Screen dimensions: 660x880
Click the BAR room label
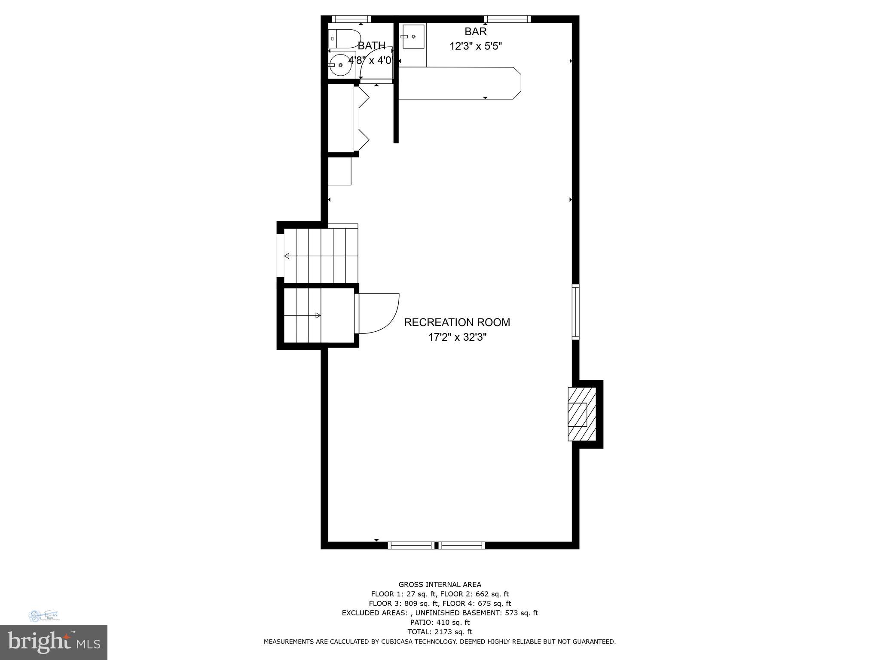pyautogui.click(x=476, y=31)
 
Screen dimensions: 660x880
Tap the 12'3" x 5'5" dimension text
pyautogui.click(x=476, y=46)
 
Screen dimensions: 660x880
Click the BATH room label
pyautogui.click(x=372, y=46)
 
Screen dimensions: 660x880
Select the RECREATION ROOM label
pyautogui.click(x=457, y=322)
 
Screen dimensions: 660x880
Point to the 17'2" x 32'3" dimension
pyautogui.click(x=457, y=337)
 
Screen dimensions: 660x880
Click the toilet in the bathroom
pyautogui.click(x=344, y=38)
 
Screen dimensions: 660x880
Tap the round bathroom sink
pyautogui.click(x=340, y=65)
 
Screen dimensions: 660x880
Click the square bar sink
pyautogui.click(x=413, y=37)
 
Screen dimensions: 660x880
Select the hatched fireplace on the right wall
pyautogui.click(x=582, y=414)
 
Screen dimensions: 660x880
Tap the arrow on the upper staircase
pyautogui.click(x=287, y=256)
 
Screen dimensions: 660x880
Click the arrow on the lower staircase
pyautogui.click(x=318, y=315)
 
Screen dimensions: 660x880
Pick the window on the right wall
pyautogui.click(x=575, y=312)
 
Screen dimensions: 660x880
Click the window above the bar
pyautogui.click(x=507, y=19)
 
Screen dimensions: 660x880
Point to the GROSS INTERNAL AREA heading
pyautogui.click(x=440, y=584)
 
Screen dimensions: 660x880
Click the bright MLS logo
pyautogui.click(x=54, y=642)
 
